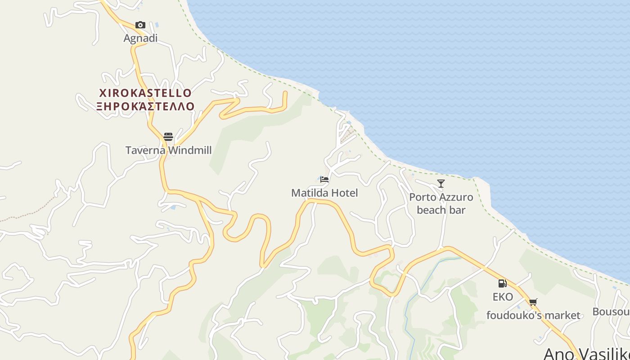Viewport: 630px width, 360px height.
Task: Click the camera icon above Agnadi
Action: click(x=140, y=25)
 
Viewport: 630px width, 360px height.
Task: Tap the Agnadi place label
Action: click(x=140, y=38)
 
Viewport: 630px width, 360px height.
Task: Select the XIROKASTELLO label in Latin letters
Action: click(x=145, y=93)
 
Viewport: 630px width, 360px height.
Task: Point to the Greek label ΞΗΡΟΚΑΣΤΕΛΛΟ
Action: click(x=145, y=106)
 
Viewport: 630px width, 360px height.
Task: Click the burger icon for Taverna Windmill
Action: click(x=168, y=136)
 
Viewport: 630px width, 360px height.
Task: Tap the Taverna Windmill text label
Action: click(x=168, y=150)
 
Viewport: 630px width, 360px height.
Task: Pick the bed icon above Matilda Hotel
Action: click(x=324, y=179)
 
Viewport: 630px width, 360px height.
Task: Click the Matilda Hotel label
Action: click(x=324, y=193)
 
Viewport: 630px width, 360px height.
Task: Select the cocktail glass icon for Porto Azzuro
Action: click(x=441, y=183)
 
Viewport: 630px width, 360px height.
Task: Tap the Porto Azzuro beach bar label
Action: click(x=441, y=203)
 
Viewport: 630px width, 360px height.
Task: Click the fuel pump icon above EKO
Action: click(x=503, y=283)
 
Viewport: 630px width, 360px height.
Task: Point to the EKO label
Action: click(x=503, y=297)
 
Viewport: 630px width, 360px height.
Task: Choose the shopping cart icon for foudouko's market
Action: click(x=533, y=302)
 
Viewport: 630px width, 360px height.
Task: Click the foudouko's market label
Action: click(x=533, y=315)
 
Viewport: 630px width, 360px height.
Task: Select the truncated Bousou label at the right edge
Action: click(x=611, y=312)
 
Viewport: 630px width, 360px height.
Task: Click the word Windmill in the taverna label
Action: click(x=189, y=150)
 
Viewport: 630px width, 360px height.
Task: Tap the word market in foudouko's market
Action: click(x=560, y=315)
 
